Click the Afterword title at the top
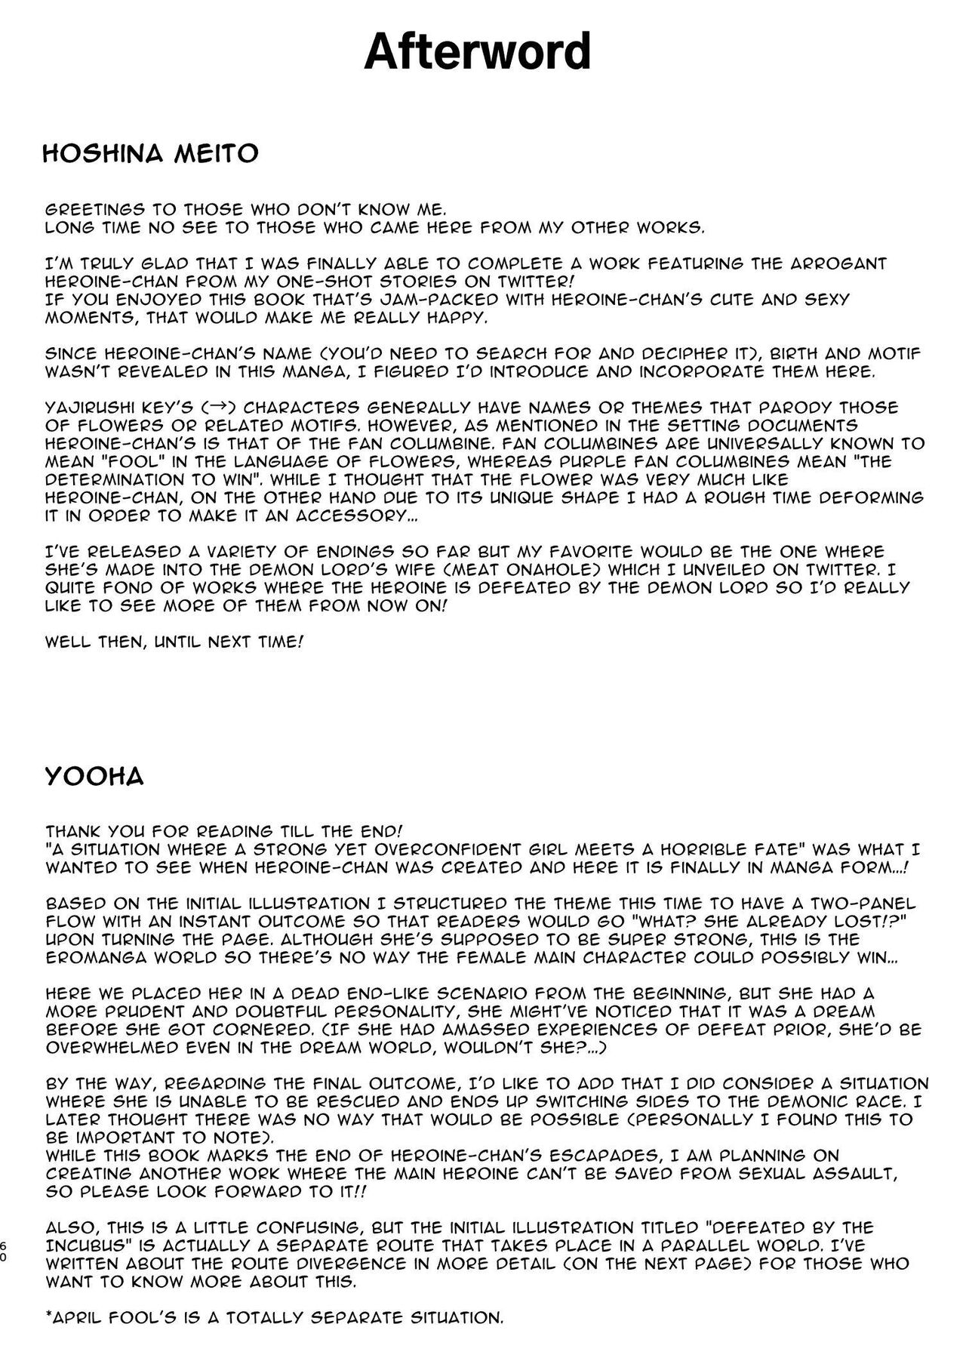[477, 52]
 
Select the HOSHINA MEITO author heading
[151, 154]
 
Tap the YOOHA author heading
[94, 777]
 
